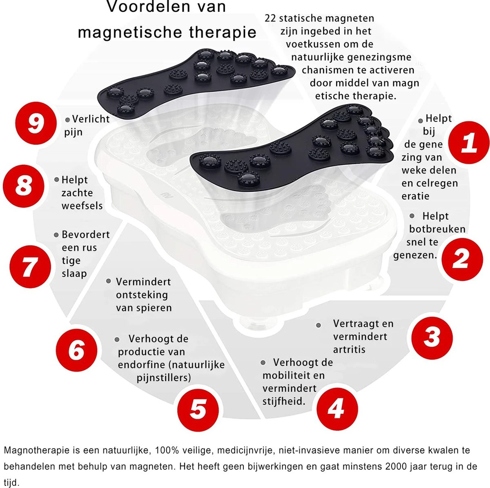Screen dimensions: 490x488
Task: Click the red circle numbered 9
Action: point(36,123)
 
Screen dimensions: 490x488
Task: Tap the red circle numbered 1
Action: point(469,142)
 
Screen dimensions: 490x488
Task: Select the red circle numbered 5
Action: point(198,410)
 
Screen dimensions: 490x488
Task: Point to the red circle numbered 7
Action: point(30,266)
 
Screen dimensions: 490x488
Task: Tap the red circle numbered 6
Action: point(76,350)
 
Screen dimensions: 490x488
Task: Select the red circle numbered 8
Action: point(24,186)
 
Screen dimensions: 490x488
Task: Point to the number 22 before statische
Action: point(270,18)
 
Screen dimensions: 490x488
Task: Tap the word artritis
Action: point(349,350)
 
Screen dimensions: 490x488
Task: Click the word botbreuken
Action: point(437,229)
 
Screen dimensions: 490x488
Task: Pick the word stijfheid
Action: point(284,401)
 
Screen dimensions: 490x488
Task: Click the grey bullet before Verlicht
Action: point(67,120)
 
